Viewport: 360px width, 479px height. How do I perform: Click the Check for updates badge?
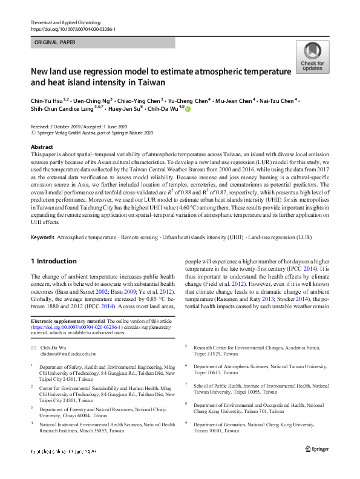pos(312,57)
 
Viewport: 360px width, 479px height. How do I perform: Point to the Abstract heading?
pos(42,148)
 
